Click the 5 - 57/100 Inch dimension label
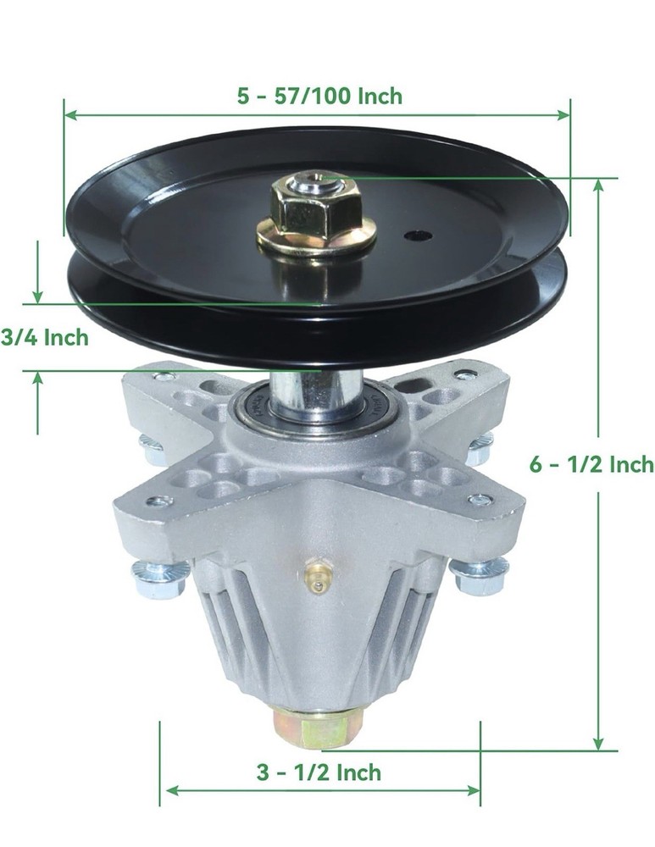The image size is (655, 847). point(319,96)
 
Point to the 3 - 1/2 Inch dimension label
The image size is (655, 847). point(319,772)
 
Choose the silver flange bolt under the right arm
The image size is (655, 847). point(480,576)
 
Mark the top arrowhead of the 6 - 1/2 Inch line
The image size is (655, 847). point(598,186)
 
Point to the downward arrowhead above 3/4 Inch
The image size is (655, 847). point(37,296)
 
